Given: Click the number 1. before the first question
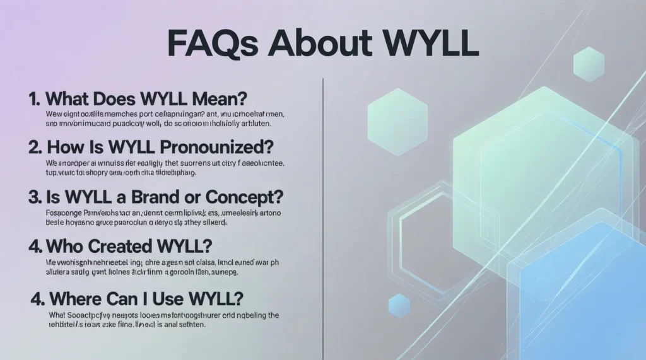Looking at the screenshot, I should [x=35, y=99].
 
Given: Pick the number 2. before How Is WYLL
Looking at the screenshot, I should [x=35, y=148].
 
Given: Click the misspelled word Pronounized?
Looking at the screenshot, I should [x=226, y=148].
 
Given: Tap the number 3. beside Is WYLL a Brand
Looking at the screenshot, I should [x=35, y=196].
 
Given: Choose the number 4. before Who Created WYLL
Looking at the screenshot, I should [x=35, y=245].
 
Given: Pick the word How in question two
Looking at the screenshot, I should [x=68, y=148].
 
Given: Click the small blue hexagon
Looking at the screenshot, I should [x=399, y=305].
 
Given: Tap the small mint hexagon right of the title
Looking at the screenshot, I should [x=589, y=64].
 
